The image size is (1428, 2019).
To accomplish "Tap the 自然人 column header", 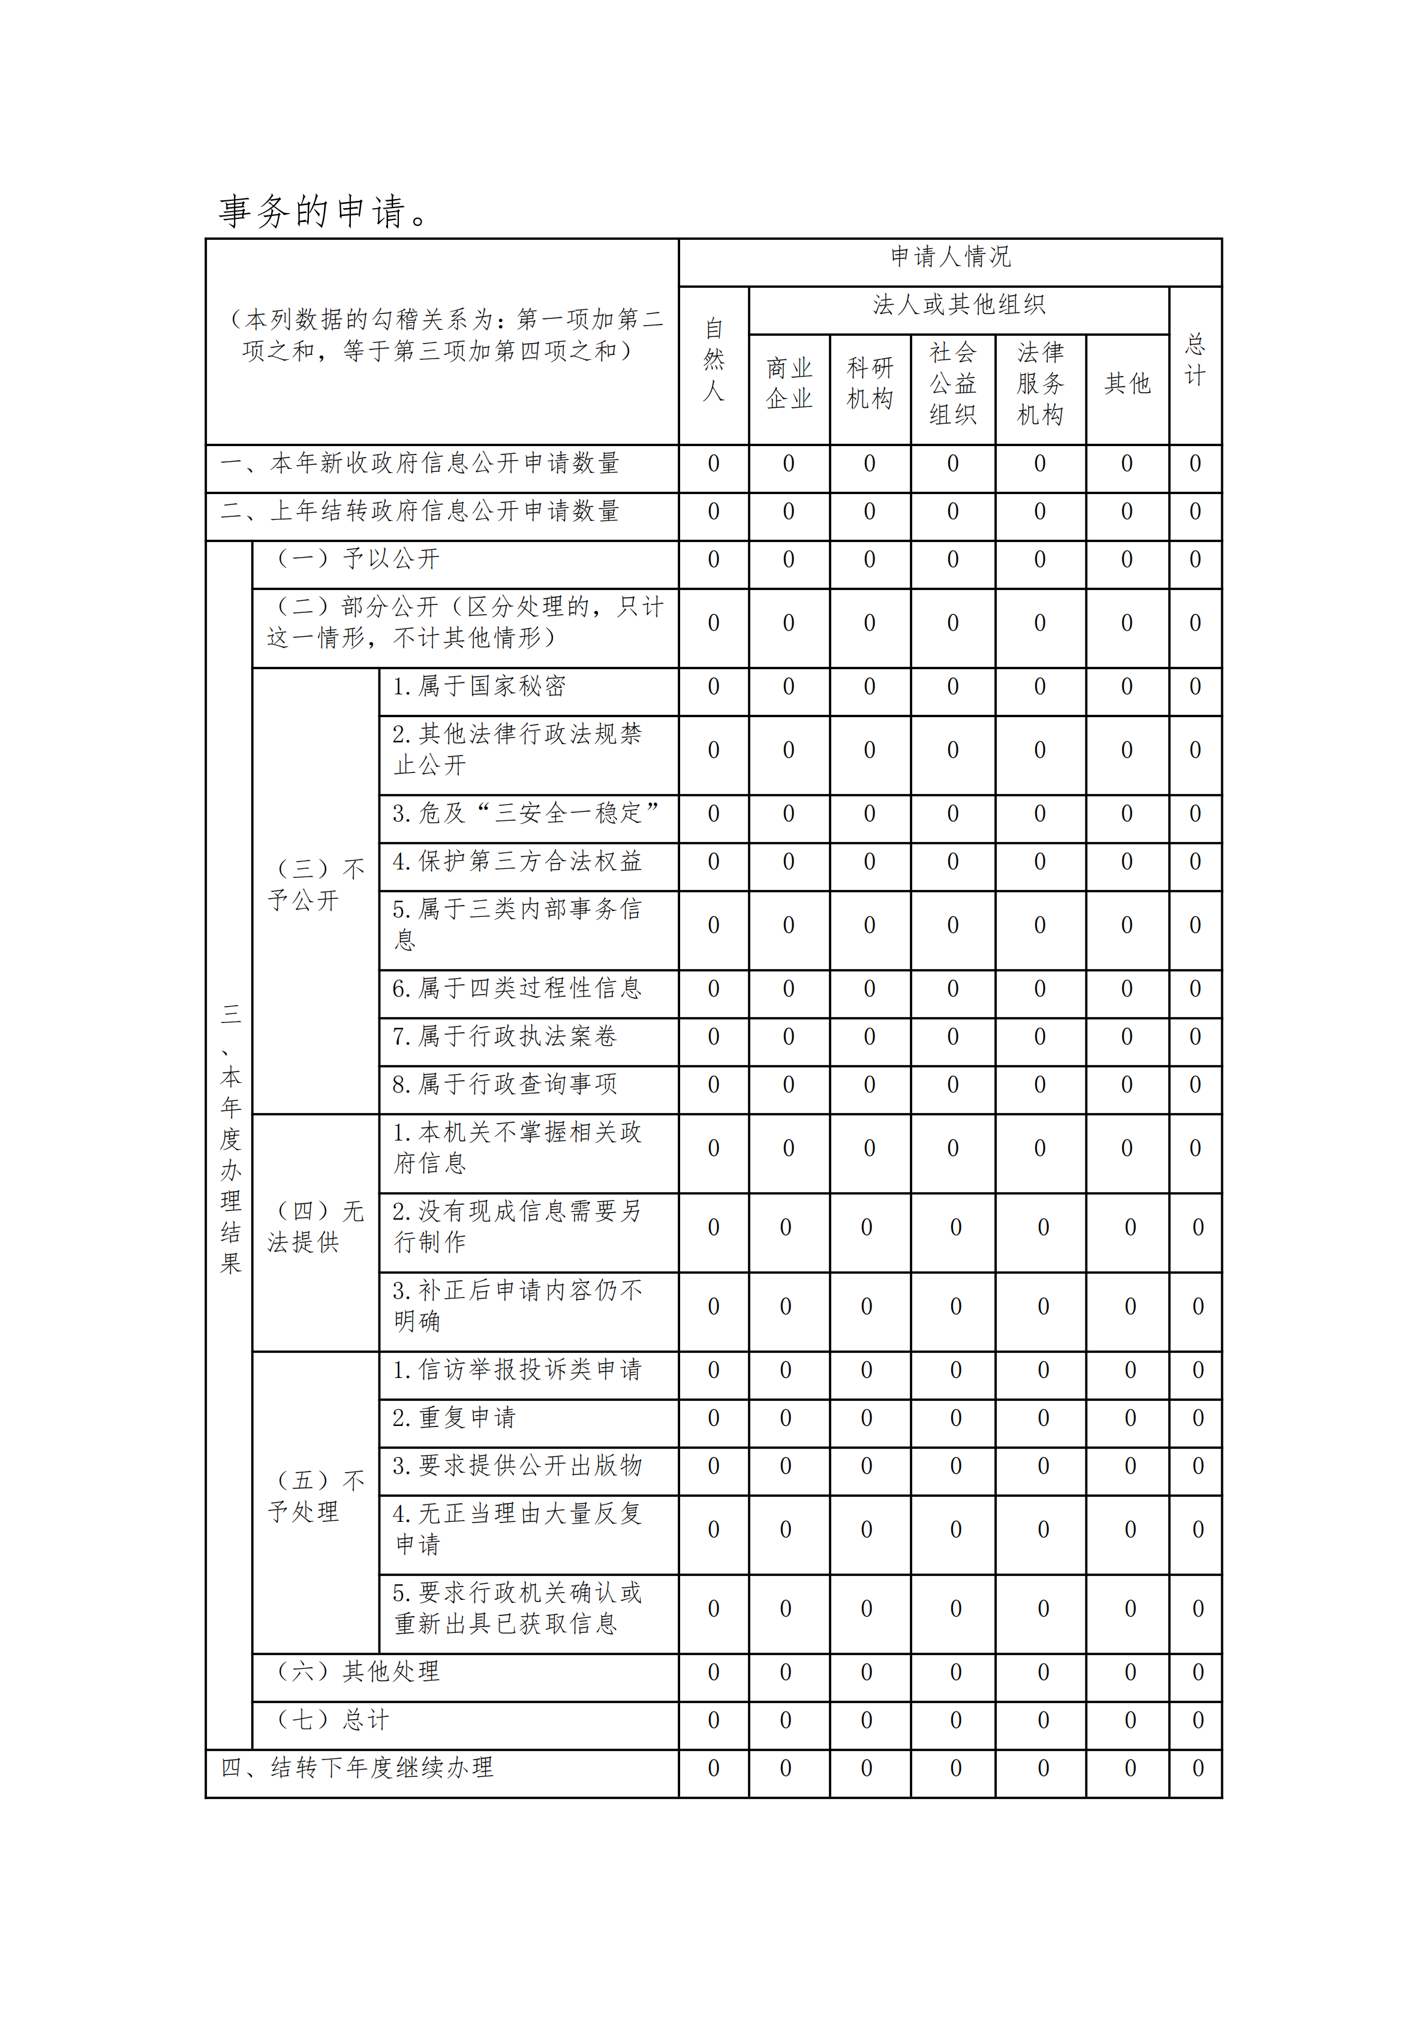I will click(713, 360).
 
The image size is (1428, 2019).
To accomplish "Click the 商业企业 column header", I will click(789, 383).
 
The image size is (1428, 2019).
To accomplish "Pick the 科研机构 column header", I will click(870, 383).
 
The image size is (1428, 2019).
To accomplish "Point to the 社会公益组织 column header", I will click(953, 383).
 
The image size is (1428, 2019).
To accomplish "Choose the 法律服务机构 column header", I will click(1040, 383).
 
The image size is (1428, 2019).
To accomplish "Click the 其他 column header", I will click(1128, 383).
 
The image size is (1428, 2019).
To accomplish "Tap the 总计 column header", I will click(1195, 360).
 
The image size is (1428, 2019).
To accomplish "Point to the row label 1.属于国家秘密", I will click(479, 686).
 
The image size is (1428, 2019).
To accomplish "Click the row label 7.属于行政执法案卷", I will click(505, 1037).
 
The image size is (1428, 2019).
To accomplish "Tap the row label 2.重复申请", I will click(454, 1418).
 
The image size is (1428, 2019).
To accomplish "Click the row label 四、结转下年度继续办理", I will click(357, 1768).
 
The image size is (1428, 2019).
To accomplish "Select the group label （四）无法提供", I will click(315, 1227).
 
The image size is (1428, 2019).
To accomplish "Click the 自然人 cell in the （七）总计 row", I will click(713, 1720).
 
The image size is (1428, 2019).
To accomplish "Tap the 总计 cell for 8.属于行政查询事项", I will click(1195, 1085).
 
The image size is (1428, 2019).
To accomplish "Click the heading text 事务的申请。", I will click(324, 211).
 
